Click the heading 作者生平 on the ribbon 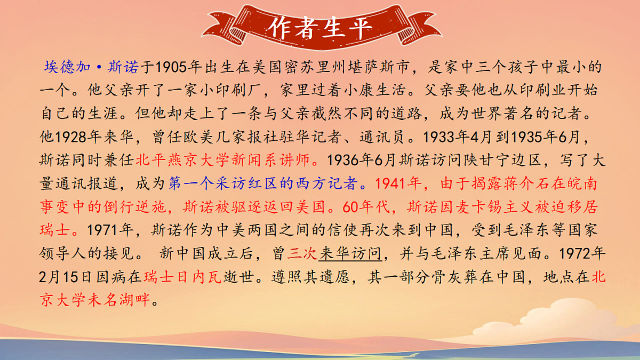coord(319,27)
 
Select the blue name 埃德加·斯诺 coord(91,68)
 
